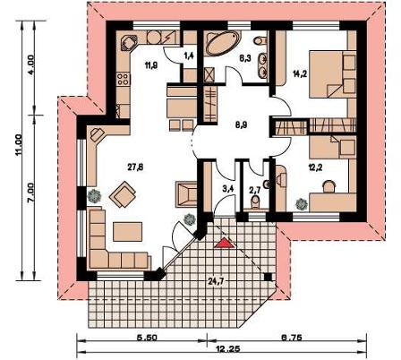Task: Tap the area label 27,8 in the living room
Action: tap(135, 167)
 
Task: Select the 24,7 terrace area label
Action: tap(215, 280)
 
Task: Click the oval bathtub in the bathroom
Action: tap(222, 43)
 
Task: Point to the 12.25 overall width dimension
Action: tap(228, 349)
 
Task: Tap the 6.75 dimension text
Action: tap(292, 338)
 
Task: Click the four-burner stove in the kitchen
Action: tap(124, 79)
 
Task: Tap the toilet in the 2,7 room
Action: tap(255, 203)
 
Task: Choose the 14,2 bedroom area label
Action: tap(300, 74)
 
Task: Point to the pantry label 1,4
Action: tap(189, 56)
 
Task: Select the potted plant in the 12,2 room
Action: tap(301, 204)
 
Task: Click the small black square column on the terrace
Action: tap(269, 278)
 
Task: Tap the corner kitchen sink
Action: tap(128, 42)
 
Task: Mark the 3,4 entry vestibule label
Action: tap(227, 188)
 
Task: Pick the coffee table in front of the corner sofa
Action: tap(128, 232)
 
